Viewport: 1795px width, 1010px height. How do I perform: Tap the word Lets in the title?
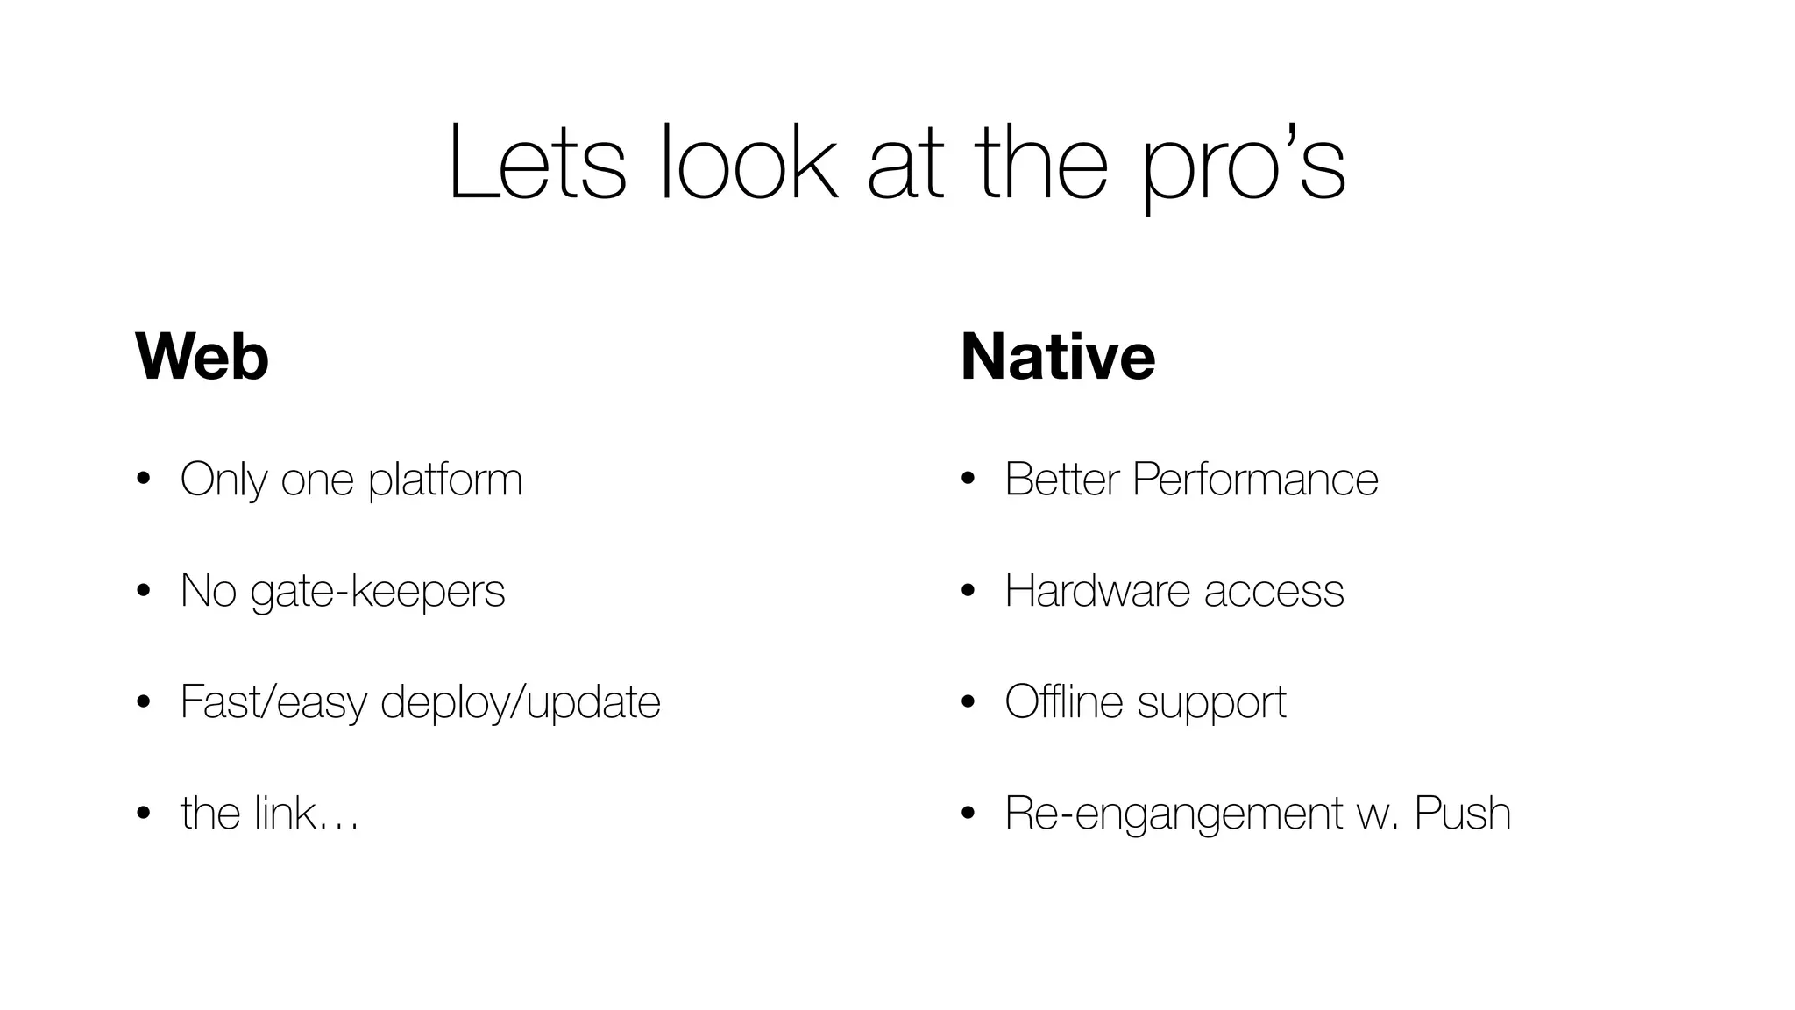[536, 164]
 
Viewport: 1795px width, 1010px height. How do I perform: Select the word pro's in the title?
[1244, 164]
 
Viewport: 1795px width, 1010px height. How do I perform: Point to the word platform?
[445, 480]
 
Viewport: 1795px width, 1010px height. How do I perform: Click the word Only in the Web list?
[223, 480]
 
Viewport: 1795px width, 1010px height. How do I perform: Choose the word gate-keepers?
[378, 591]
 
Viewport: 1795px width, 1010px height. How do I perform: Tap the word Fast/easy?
[273, 702]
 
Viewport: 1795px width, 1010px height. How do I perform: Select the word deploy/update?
[521, 702]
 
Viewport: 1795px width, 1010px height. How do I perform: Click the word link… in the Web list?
[307, 813]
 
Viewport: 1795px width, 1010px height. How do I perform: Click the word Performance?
[1255, 480]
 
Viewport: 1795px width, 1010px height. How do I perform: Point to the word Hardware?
[1098, 591]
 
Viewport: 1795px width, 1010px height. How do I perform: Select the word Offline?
[1064, 701]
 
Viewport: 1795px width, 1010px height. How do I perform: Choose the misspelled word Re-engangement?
[1174, 814]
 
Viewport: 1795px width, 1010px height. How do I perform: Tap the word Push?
[1463, 813]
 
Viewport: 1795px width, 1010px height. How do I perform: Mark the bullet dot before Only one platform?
[144, 480]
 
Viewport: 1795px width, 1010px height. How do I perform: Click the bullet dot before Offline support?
[968, 702]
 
